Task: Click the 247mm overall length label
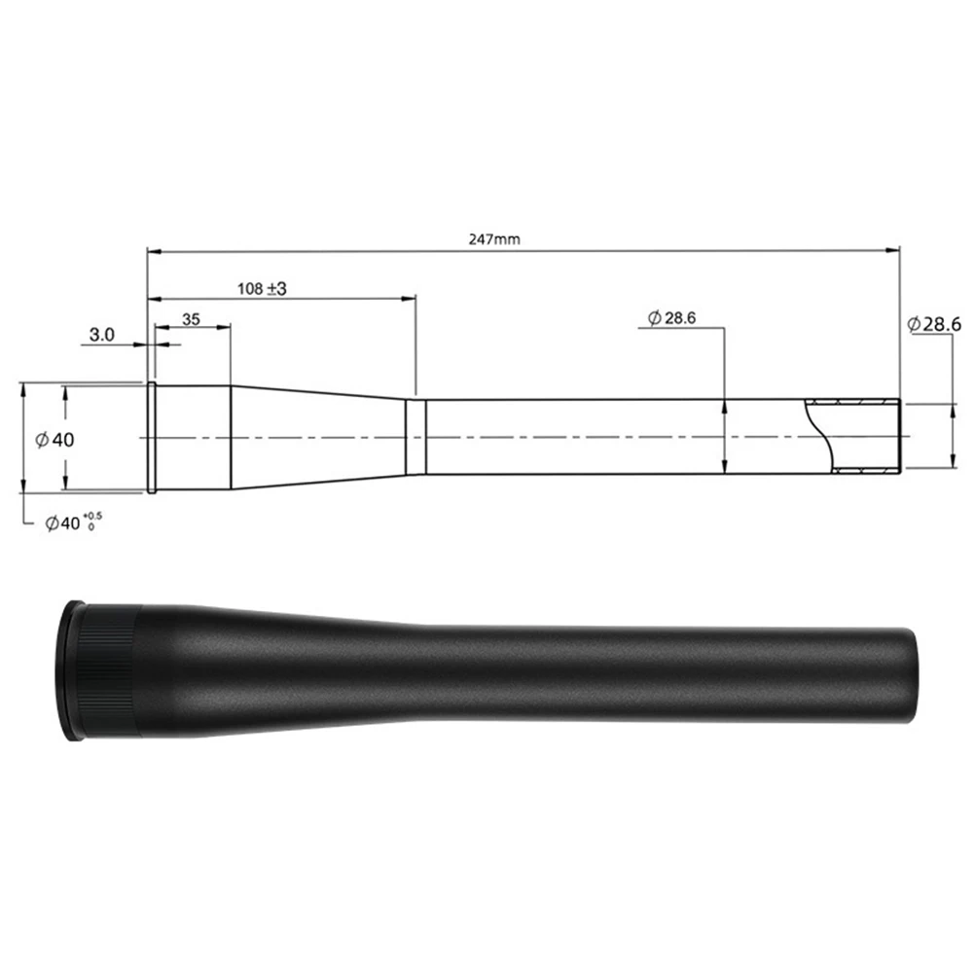point(493,238)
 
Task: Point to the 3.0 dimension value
point(102,335)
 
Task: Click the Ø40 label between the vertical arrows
point(54,440)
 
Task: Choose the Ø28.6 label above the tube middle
point(672,318)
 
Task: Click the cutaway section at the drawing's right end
point(856,436)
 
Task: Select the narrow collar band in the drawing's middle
point(415,436)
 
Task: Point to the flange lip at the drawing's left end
point(152,438)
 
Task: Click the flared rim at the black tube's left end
point(68,669)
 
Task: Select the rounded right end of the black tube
point(911,674)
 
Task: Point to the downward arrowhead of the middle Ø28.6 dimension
point(725,468)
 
